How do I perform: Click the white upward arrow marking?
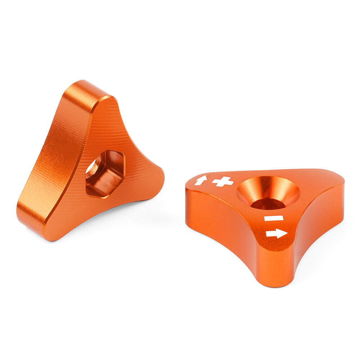pos(201,180)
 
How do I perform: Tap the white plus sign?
pos(222,182)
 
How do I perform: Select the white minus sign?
pos(274,218)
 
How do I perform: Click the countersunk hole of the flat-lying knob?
pos(268,193)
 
